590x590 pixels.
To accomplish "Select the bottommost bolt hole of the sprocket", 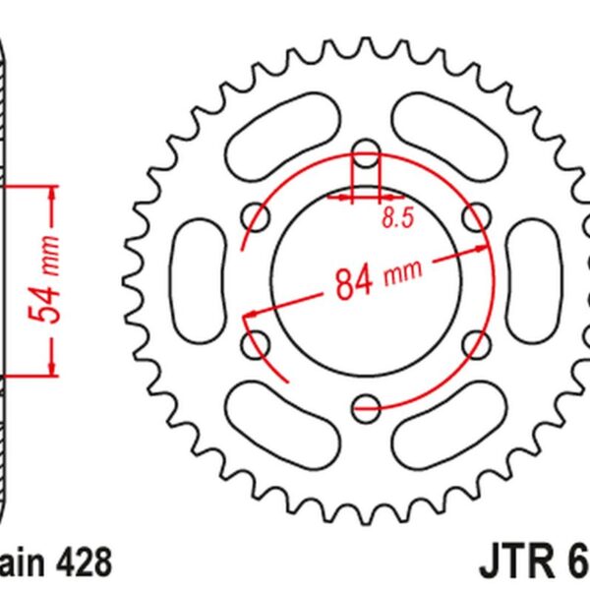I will click(x=366, y=401).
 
